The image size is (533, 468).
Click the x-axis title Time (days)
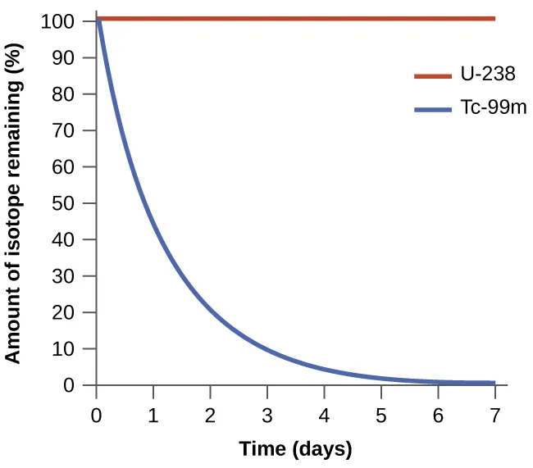click(295, 448)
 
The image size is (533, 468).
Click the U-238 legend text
click(486, 75)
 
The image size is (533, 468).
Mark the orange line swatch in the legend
click(432, 75)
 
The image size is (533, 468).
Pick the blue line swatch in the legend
click(432, 109)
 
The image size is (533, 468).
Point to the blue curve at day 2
click(211, 312)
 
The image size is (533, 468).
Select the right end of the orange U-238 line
click(494, 17)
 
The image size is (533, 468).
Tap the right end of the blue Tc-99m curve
click(494, 383)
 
